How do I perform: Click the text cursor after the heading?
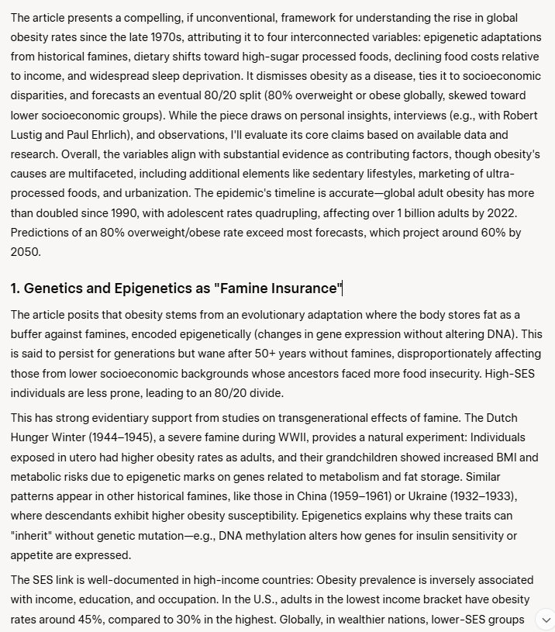coord(343,289)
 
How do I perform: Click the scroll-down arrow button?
coord(546,620)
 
